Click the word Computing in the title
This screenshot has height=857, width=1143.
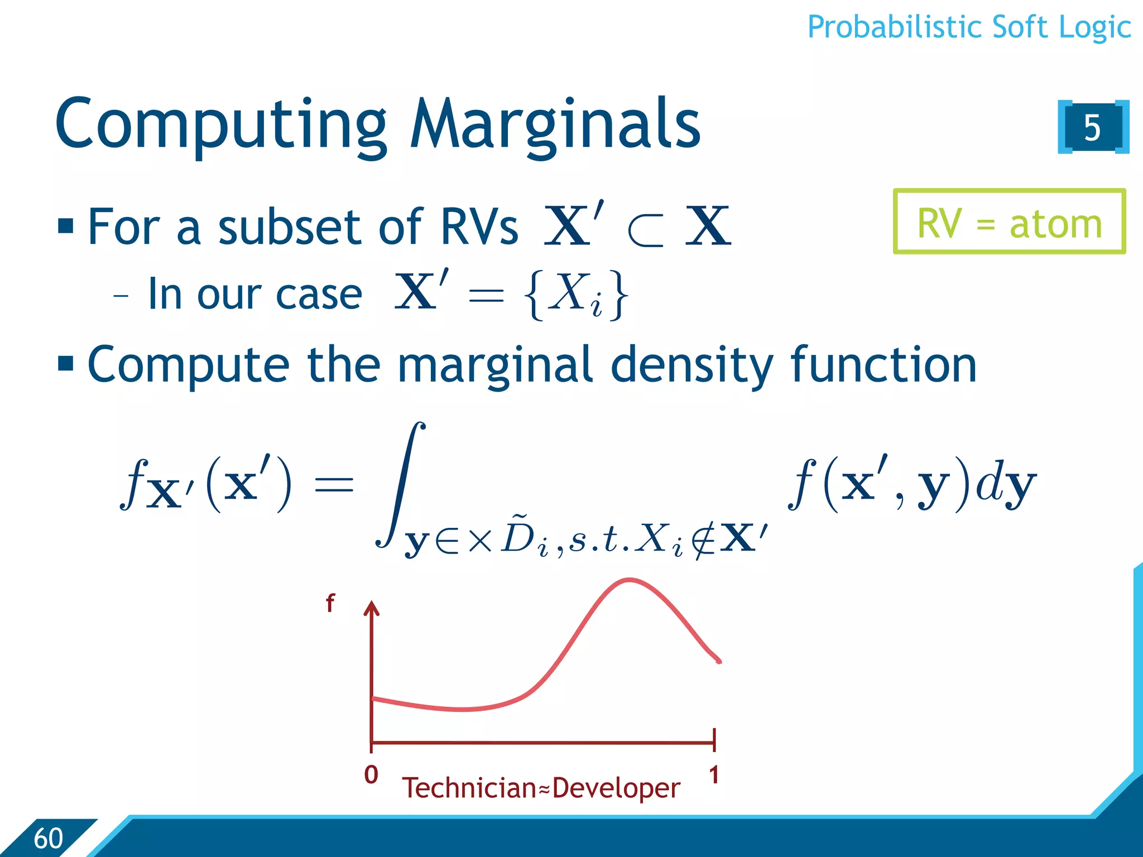pos(220,124)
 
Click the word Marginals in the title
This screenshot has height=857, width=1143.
pos(555,124)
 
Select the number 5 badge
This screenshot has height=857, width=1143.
pos(1092,127)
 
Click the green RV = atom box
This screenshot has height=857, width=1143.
pos(1009,222)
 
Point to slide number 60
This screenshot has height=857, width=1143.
pos(48,838)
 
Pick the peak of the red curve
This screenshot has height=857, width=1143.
pos(630,580)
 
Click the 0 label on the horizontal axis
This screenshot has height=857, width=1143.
pos(371,774)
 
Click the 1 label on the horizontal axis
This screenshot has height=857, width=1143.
pos(714,774)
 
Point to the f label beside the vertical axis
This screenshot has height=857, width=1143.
pos(330,603)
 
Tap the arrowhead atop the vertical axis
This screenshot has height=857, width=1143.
pos(371,608)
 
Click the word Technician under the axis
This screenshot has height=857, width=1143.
pos(469,788)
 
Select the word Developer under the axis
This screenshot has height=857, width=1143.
pos(616,788)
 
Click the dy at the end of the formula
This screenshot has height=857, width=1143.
pos(1006,484)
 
